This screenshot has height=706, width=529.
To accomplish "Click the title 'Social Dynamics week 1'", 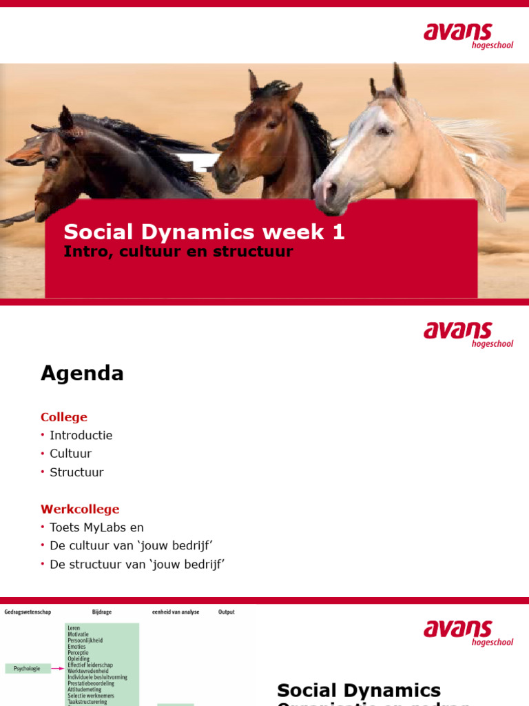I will [x=204, y=232].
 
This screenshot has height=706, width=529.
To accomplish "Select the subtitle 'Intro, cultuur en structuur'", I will [x=178, y=252].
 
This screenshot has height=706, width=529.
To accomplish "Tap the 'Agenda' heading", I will [x=82, y=374].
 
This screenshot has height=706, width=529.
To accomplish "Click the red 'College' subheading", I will [x=64, y=417].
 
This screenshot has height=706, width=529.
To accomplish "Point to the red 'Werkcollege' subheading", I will [x=80, y=510].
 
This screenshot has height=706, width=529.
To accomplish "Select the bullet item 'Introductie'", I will [x=81, y=436].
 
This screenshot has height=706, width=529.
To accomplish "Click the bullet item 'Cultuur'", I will [x=70, y=454].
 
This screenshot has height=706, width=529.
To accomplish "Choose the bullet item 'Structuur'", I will [x=76, y=472].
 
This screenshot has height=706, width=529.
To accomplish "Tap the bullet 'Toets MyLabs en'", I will [x=96, y=527].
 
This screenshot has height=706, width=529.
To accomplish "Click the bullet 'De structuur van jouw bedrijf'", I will [x=137, y=565].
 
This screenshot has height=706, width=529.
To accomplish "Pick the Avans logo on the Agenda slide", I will [x=468, y=334].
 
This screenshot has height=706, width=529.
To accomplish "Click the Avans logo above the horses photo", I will [x=468, y=36].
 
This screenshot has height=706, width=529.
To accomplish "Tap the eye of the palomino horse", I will [x=383, y=130].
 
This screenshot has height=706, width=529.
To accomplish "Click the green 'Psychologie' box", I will [x=28, y=668].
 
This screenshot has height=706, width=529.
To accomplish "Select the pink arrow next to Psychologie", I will [x=58, y=668].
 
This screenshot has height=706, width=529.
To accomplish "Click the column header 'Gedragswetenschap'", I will [x=28, y=612].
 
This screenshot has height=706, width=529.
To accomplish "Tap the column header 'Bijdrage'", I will [x=101, y=612].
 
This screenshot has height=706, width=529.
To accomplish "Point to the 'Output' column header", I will [x=226, y=612].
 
